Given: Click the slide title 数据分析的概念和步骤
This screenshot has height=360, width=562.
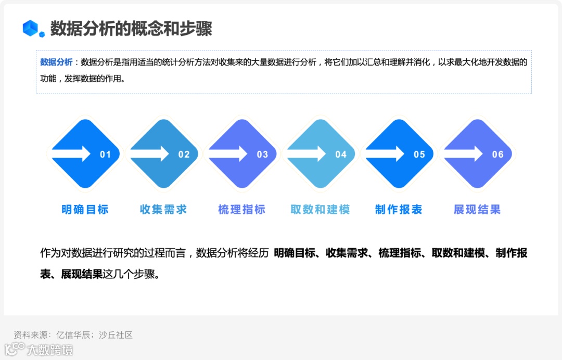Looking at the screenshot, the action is tap(131, 29).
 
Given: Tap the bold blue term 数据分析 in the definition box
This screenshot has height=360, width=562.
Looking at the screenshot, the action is tap(56, 62).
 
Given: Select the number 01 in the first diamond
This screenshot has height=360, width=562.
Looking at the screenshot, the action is tap(106, 155).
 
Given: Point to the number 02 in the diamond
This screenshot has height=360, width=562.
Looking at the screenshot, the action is tap(184, 155).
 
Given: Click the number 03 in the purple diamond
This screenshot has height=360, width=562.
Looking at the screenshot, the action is tap(263, 155).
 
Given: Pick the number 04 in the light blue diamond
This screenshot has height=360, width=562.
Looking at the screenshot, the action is tap(341, 155).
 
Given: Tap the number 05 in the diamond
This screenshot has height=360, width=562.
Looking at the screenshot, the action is tap(419, 155).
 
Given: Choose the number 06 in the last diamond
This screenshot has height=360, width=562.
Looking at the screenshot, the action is tap(498, 155).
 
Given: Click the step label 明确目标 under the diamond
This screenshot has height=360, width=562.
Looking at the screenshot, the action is tap(85, 210).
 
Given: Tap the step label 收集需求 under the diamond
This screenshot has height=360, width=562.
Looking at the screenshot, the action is tap(163, 210).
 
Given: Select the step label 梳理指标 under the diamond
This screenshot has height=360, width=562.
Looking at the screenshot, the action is tap(242, 210).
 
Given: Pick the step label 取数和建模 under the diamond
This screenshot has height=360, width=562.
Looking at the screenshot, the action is tap(320, 210).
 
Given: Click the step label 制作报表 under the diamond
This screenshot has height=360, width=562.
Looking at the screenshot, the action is tap(399, 210).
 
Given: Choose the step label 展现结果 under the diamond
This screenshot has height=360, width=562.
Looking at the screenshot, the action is tap(477, 210).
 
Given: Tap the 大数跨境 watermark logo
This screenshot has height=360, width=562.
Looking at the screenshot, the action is tap(39, 349).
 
